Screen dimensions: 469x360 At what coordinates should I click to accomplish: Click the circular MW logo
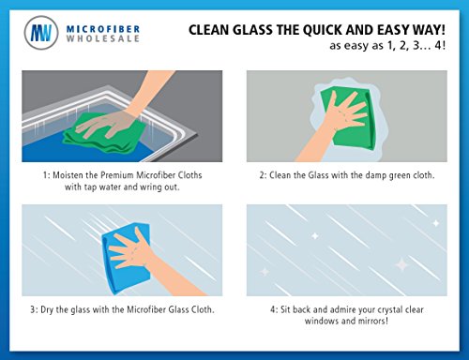(x=41, y=33)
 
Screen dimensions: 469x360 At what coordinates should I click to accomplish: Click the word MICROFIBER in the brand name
(x=103, y=29)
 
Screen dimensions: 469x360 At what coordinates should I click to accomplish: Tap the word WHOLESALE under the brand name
(x=103, y=38)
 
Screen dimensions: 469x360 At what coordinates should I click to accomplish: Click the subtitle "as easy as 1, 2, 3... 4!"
(x=387, y=46)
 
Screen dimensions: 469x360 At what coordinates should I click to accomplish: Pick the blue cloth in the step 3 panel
(x=125, y=258)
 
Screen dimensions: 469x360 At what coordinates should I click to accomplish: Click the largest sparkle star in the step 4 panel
(x=402, y=265)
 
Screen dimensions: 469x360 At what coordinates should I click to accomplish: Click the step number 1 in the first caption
(x=45, y=175)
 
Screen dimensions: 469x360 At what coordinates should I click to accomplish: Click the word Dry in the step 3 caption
(x=47, y=310)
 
